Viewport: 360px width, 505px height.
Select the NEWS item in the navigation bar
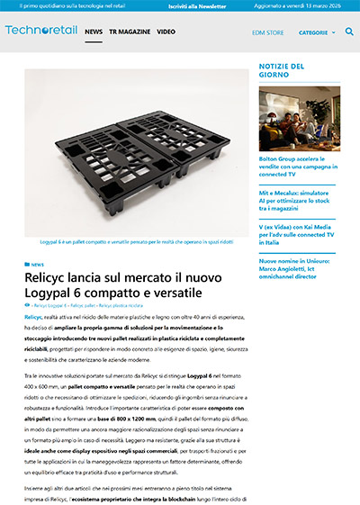[x=94, y=32]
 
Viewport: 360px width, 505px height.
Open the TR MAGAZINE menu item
[x=130, y=32]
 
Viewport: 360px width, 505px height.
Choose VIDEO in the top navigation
[x=166, y=32]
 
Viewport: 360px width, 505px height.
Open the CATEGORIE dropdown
[x=316, y=32]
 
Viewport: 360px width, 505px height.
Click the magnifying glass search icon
[x=349, y=32]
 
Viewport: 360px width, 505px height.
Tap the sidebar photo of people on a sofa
[x=298, y=116]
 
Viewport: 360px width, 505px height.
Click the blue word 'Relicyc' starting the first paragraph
[x=33, y=319]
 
